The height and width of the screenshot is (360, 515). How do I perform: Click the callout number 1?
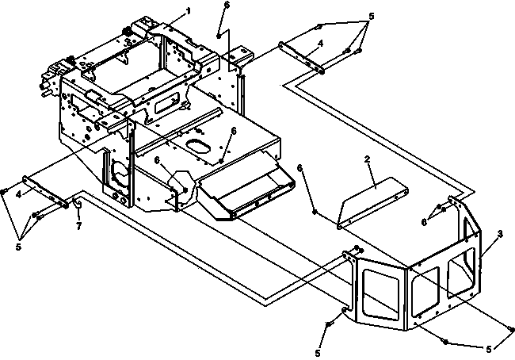[x=189, y=11]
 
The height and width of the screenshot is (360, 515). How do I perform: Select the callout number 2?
[x=367, y=159]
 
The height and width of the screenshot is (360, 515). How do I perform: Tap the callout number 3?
[x=500, y=234]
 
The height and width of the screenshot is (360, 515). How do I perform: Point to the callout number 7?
[x=78, y=227]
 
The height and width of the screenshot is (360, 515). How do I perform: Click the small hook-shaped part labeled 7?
[x=78, y=204]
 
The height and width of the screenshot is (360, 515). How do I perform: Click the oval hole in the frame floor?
[x=198, y=147]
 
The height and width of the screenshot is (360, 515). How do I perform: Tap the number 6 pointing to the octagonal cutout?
[x=158, y=160]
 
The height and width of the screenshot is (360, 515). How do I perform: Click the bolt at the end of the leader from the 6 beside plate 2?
[x=315, y=212]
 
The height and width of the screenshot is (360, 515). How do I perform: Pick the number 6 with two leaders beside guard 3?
[x=424, y=223]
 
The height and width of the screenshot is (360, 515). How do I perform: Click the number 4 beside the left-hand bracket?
[x=19, y=194]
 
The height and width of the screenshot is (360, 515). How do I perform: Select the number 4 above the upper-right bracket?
[x=321, y=43]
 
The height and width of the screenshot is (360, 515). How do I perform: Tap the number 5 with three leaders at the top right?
[x=372, y=16]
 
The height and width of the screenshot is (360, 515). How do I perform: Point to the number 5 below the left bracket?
[x=18, y=247]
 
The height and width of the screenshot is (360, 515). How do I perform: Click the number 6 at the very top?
[x=227, y=5]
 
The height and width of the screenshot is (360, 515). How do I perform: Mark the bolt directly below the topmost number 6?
[x=219, y=36]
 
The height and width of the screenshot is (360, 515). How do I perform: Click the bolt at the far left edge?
[x=3, y=191]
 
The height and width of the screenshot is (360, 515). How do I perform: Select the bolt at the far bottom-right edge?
[x=511, y=329]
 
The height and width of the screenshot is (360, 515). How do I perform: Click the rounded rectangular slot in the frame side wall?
[x=167, y=101]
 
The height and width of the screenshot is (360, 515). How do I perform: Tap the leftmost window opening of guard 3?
[x=381, y=294]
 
